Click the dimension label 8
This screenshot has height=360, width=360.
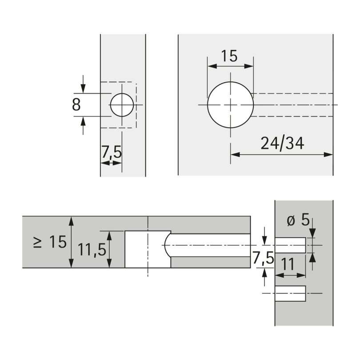(76, 105)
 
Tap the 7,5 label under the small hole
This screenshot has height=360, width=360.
(111, 153)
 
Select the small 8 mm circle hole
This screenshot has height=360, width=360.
(122, 105)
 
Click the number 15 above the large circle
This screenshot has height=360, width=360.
(229, 56)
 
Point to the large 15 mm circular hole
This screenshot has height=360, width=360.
(230, 105)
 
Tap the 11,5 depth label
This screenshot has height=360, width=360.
(92, 250)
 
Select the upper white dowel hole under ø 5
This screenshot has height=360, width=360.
(290, 245)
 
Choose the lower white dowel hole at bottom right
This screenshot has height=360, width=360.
(290, 294)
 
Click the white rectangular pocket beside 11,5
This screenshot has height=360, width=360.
(136, 249)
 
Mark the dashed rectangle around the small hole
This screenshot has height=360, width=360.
(118, 82)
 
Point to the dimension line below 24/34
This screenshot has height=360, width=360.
(281, 155)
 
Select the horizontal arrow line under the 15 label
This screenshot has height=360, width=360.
(230, 66)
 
